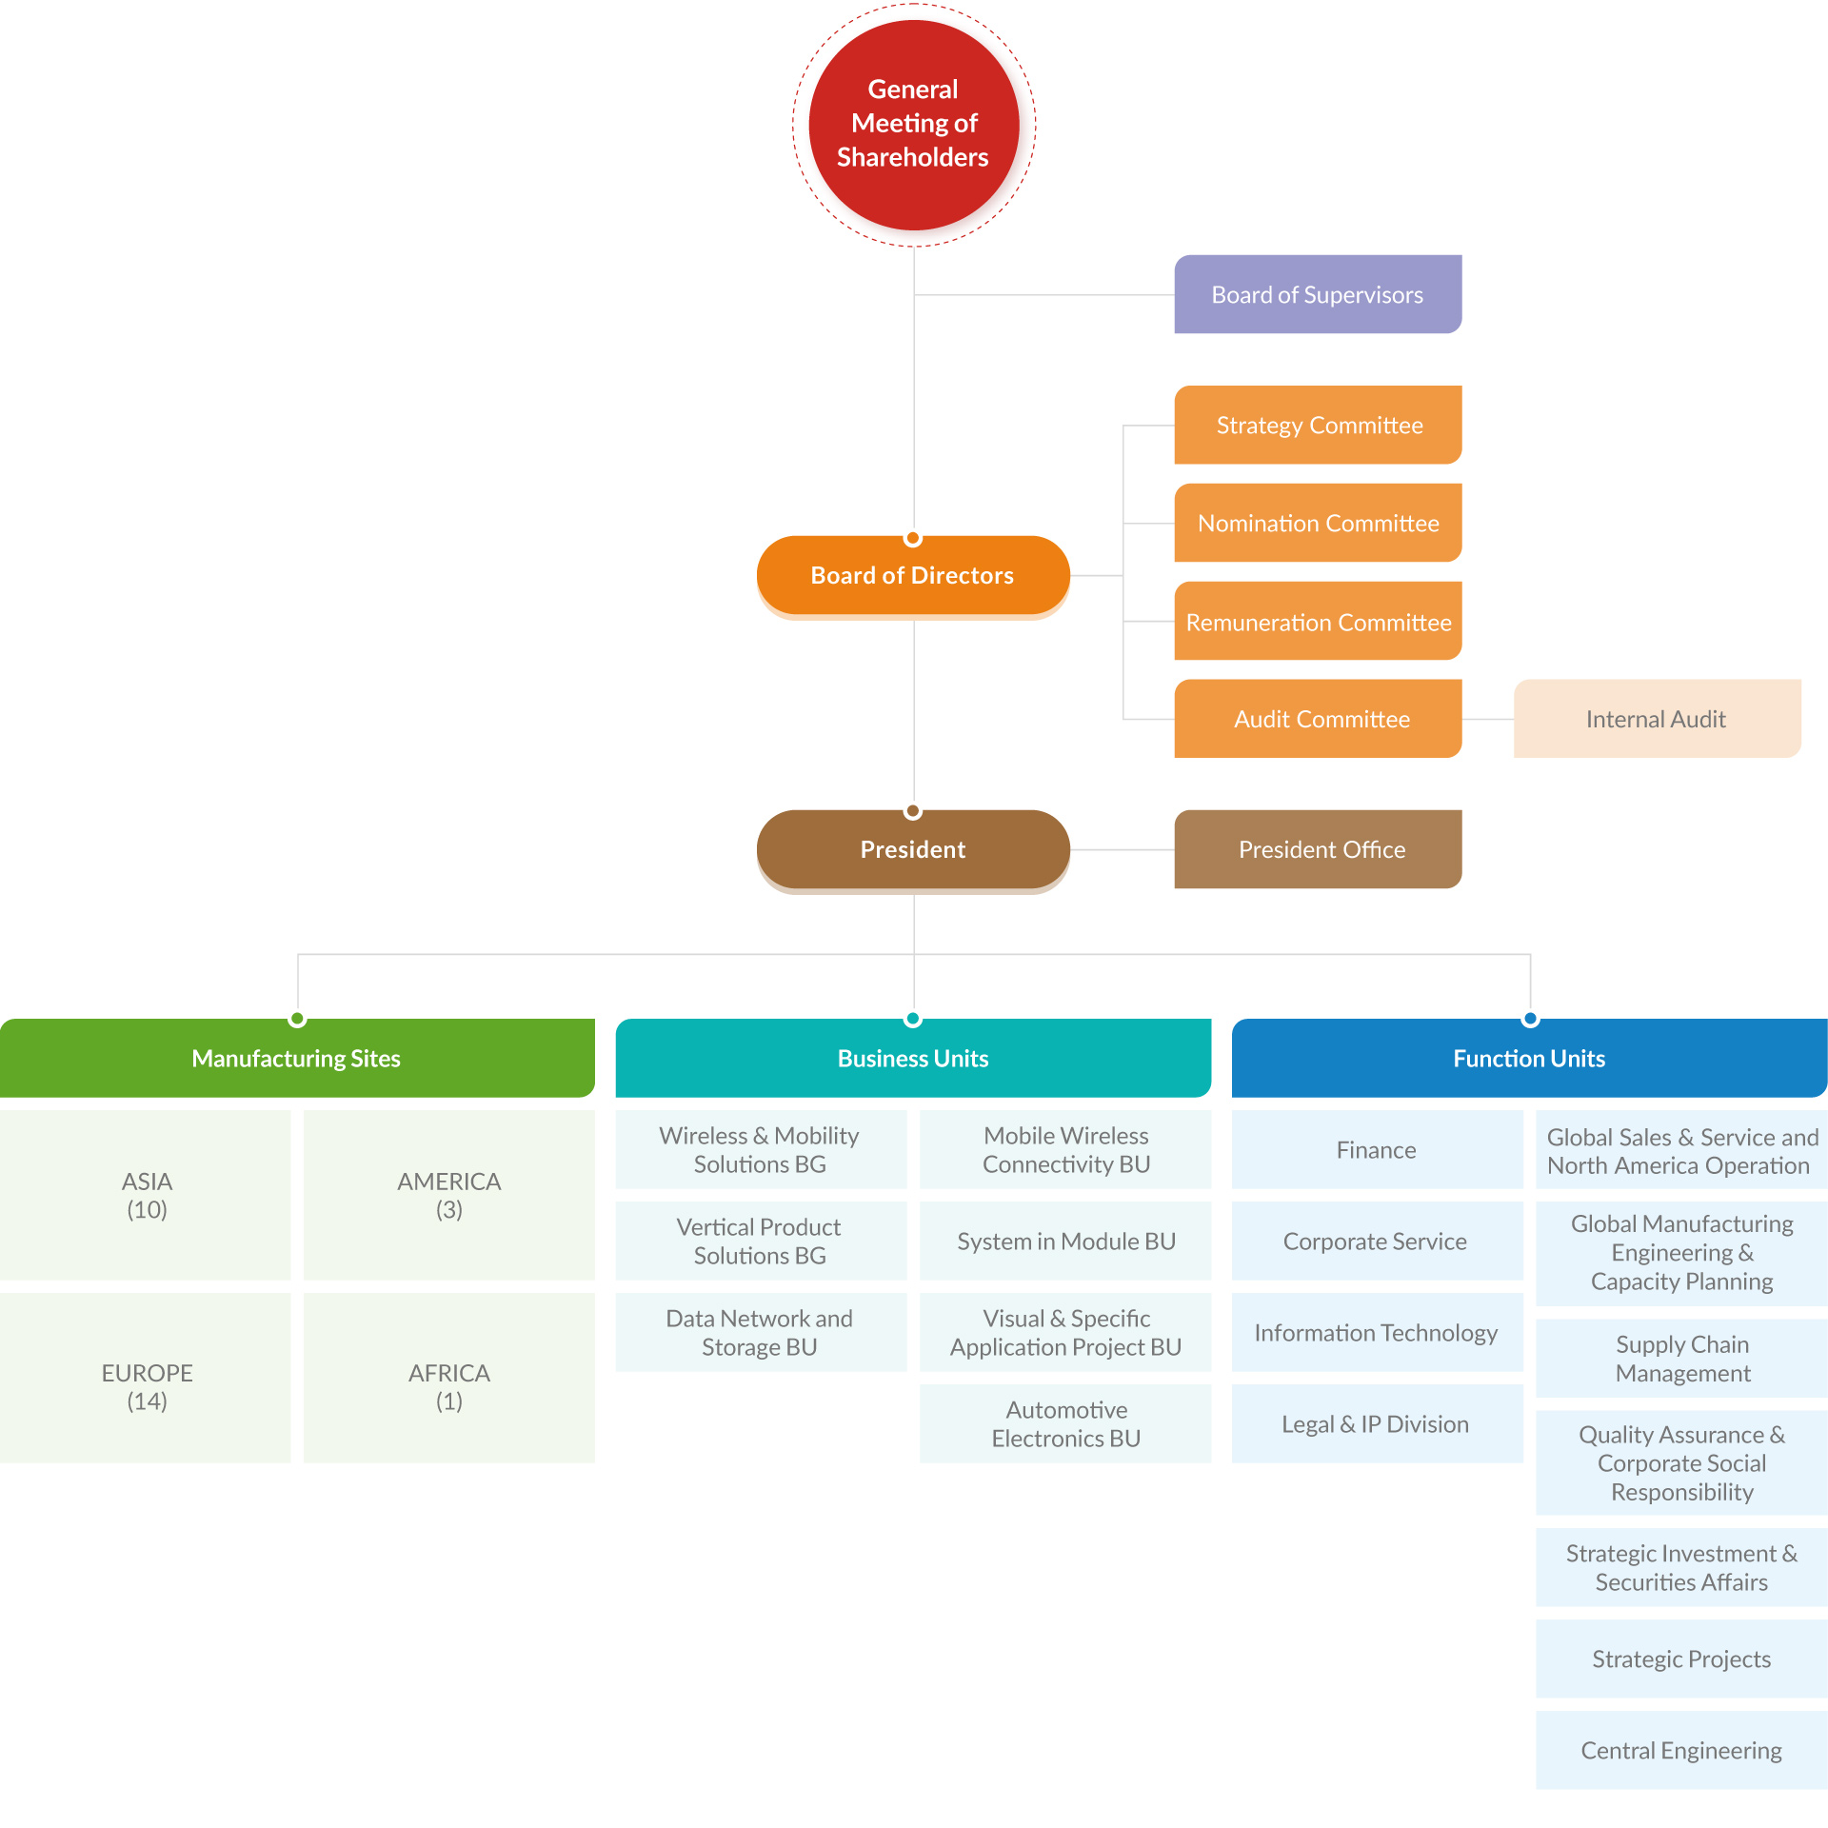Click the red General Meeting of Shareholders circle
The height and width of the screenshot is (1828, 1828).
913,125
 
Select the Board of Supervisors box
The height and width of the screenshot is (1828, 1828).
1318,294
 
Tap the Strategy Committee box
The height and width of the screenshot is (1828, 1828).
1318,425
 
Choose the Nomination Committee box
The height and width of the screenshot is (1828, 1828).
1318,523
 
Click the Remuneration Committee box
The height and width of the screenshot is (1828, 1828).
1318,621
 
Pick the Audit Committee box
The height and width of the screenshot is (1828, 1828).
1318,719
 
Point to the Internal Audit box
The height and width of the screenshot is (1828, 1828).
1657,719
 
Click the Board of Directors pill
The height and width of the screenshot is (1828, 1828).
913,576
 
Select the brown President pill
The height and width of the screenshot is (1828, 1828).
913,850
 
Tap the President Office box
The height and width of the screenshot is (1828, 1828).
1318,849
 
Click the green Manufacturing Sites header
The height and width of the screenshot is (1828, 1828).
297,1058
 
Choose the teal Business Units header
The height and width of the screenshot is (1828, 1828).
913,1058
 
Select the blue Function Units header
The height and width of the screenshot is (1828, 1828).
1529,1058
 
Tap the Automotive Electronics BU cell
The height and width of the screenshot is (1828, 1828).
1065,1423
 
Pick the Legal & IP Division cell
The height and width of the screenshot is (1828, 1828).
1377,1423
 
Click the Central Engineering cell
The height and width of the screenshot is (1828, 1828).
1681,1750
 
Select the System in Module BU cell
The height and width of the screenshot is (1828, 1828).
1065,1241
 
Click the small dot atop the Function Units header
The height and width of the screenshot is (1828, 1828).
1530,1019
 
